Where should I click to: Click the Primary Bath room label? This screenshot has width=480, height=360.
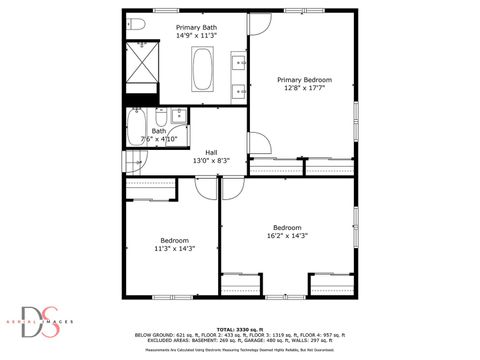(x=195, y=27)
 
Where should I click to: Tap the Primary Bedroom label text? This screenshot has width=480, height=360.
(x=304, y=80)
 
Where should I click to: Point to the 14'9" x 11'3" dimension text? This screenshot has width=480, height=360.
(x=195, y=35)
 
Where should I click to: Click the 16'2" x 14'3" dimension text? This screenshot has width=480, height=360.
(x=287, y=236)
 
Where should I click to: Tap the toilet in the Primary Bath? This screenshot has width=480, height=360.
(x=136, y=23)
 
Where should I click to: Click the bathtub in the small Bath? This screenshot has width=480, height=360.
(x=136, y=127)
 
